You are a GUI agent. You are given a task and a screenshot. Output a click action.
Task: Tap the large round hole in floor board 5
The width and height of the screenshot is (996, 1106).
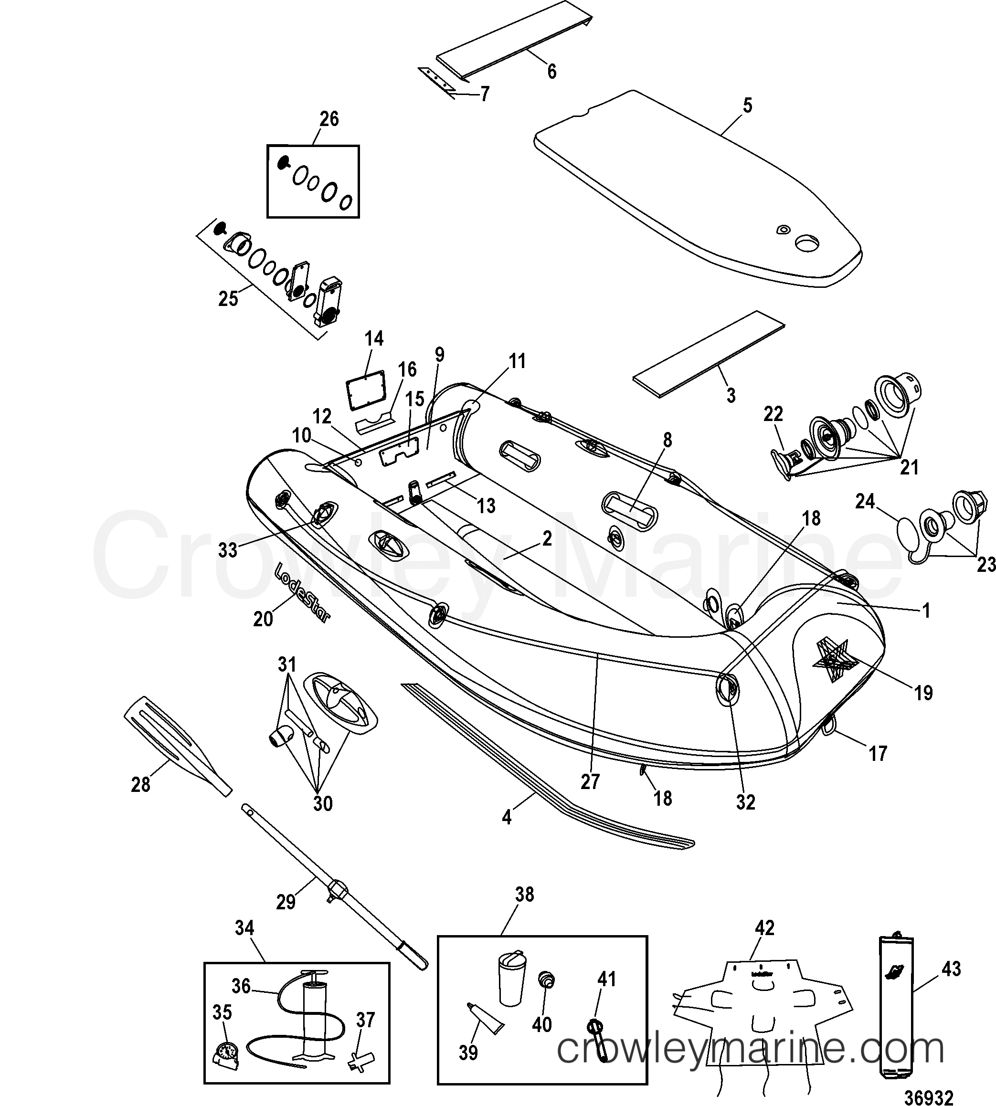tap(808, 244)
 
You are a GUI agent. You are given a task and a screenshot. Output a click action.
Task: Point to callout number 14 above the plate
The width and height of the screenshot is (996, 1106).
tap(374, 339)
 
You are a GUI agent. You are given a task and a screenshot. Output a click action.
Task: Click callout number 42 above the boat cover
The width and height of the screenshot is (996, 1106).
tap(764, 928)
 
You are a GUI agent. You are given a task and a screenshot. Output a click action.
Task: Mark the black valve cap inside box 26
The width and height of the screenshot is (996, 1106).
tap(284, 162)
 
